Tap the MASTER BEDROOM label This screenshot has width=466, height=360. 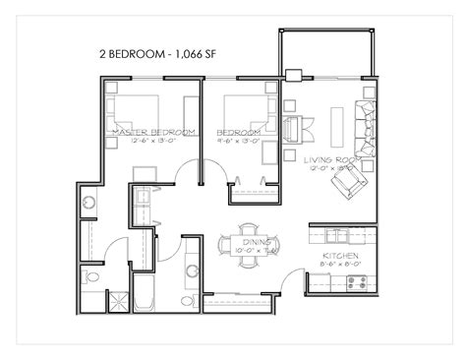pyautogui.click(x=152, y=131)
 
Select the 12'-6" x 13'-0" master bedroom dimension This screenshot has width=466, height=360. pyautogui.click(x=152, y=141)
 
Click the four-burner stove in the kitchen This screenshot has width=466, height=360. pyautogui.click(x=356, y=281)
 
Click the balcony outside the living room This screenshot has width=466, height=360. pyautogui.click(x=327, y=53)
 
